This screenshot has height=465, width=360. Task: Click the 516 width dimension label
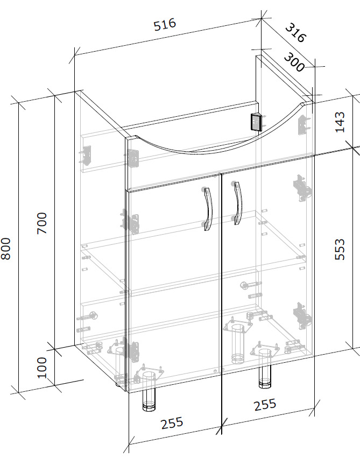pos(165,24)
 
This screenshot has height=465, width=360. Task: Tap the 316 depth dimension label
pos(295,33)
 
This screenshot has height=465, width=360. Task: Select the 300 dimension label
pos(294,62)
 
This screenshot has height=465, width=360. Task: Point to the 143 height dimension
pos(340,122)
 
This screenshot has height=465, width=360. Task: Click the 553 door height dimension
pos(340,249)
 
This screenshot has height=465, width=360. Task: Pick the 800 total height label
pos(5,249)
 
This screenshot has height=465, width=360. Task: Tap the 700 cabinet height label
pos(42,223)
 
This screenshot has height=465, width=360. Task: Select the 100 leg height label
pos(42,368)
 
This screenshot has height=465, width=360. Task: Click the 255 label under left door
pos(172,423)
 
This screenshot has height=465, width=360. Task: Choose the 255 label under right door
pos(265,405)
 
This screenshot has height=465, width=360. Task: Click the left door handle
pos(208,209)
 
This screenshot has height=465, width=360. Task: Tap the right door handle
pos(237,203)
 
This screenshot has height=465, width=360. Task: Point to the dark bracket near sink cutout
pos(257,122)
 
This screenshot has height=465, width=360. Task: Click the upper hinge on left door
pos(131,222)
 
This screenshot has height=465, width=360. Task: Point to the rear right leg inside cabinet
pos(238,343)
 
